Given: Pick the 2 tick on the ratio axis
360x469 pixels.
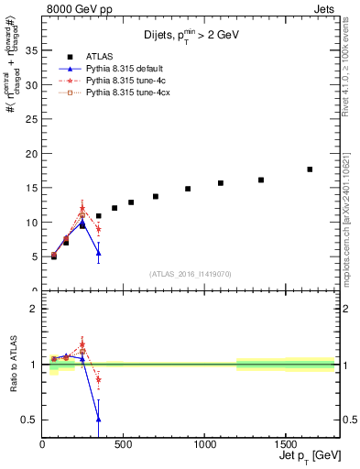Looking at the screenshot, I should click(x=35, y=309).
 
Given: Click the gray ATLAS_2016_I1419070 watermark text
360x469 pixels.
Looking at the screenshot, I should click(x=191, y=273).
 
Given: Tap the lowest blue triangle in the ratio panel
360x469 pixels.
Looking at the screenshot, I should click(x=98, y=419).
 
